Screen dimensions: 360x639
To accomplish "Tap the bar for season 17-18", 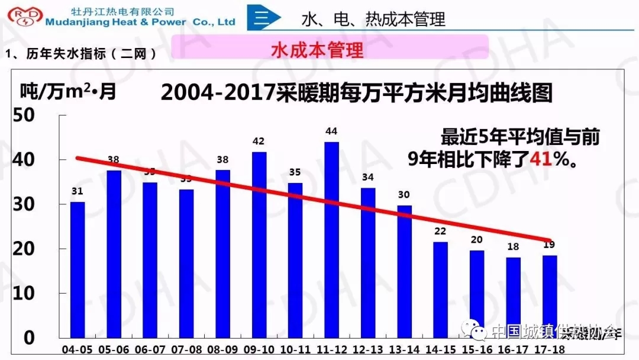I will [x=550, y=296].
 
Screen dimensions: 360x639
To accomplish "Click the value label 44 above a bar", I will [x=331, y=131].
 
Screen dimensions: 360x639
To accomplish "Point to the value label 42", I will [x=259, y=142].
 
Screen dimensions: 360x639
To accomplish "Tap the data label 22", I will [x=440, y=231].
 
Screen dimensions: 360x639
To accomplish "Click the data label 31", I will [x=78, y=191].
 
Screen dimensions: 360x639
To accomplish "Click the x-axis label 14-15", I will [x=441, y=349].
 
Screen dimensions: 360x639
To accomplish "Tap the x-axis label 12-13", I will [x=368, y=349].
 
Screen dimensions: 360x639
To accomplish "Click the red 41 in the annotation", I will [x=541, y=159].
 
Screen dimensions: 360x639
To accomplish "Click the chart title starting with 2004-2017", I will [x=356, y=93].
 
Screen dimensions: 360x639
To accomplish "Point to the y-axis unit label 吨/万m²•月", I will [x=69, y=92].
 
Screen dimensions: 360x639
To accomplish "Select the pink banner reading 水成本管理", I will [x=330, y=48].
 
